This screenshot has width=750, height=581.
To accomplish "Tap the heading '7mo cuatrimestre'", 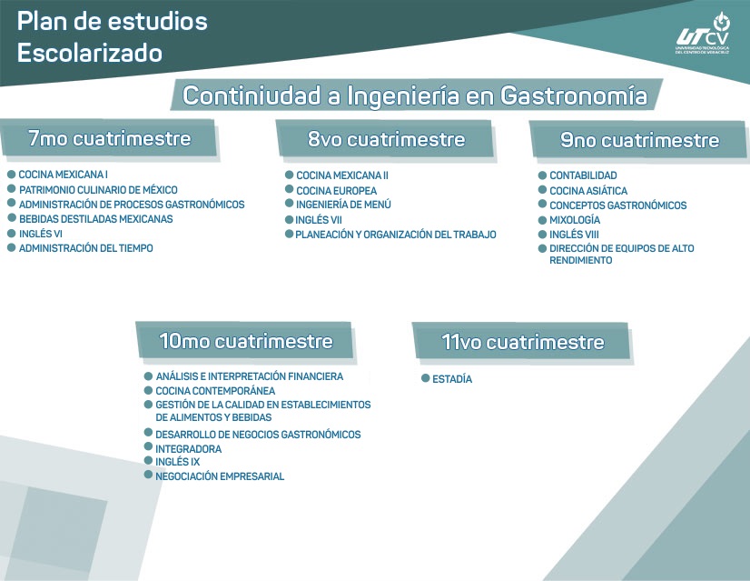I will click(109, 139).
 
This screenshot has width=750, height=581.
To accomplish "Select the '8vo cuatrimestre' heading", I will click(386, 139).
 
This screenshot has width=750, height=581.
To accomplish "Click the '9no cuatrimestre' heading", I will click(639, 141).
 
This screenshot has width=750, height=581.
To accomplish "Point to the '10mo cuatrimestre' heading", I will click(245, 342).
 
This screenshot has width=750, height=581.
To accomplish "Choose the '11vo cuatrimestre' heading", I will click(522, 342).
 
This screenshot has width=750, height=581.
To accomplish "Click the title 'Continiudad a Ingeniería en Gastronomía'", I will click(415, 95).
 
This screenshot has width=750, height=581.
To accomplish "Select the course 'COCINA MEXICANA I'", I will click(64, 175).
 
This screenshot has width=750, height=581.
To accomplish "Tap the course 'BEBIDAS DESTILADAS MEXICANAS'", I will click(95, 219).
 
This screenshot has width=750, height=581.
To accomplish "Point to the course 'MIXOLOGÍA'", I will click(575, 220).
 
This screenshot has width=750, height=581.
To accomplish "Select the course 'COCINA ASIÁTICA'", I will click(588, 191).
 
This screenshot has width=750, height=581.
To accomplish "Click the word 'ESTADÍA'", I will click(452, 379).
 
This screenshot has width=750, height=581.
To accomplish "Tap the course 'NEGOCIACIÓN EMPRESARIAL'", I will click(220, 476).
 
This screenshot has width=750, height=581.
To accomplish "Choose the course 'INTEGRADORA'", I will click(188, 449).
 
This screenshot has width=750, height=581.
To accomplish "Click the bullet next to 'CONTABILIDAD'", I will click(541, 175).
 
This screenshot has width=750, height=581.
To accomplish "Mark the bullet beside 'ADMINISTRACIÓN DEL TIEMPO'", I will click(11, 248).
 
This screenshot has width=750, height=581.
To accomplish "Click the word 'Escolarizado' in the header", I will click(90, 54).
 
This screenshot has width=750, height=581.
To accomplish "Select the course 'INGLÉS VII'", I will click(319, 220).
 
